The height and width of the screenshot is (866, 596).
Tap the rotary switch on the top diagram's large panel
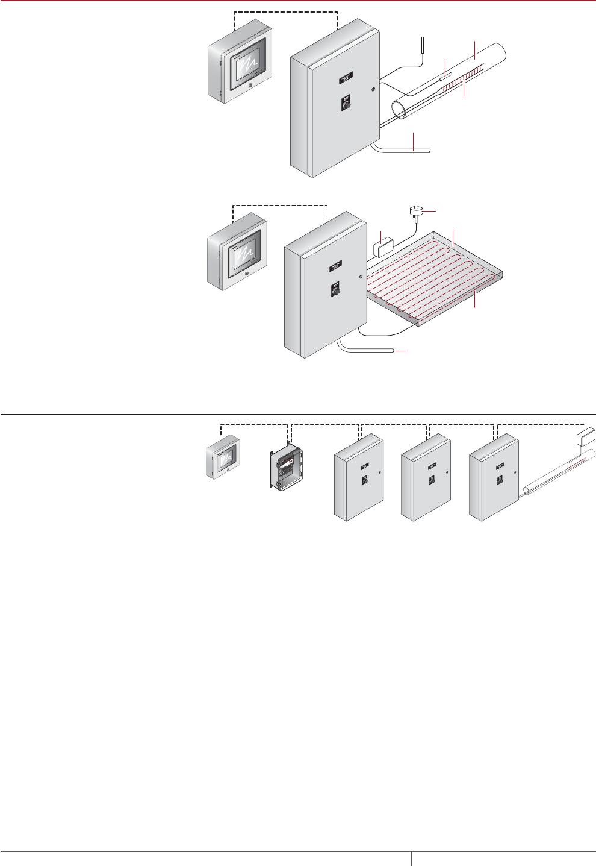point(346,104)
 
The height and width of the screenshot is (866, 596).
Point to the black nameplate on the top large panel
point(346,77)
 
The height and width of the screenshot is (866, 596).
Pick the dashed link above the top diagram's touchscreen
point(285,12)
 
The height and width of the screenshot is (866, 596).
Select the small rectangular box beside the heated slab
point(383,247)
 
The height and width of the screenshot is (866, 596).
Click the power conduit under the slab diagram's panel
point(367,349)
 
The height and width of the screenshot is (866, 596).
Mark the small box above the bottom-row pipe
point(586,435)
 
